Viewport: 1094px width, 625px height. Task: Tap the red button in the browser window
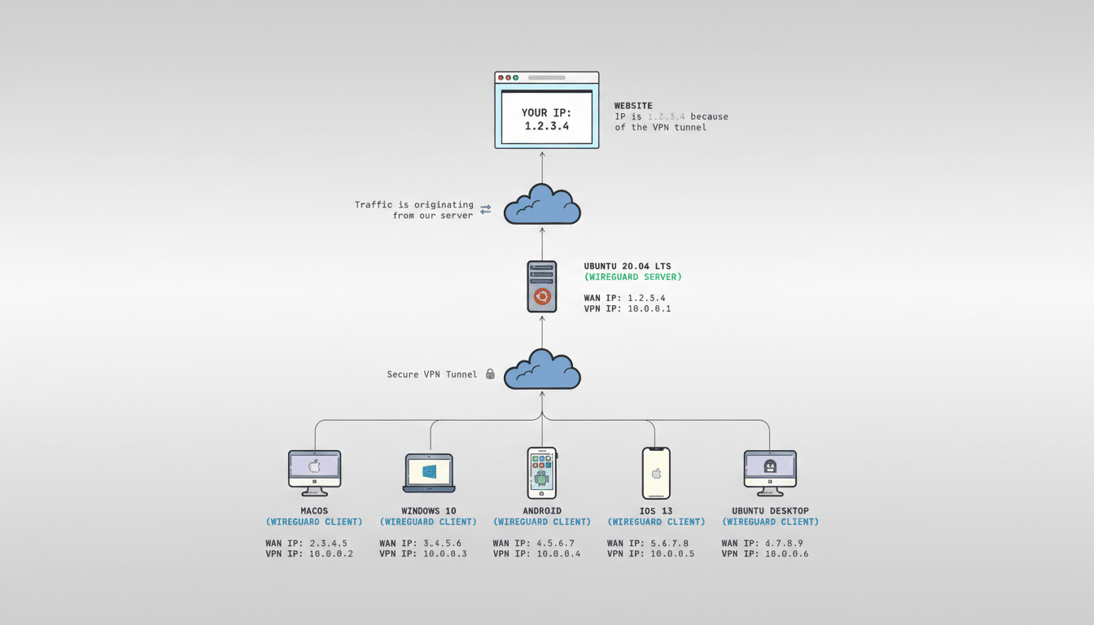(x=501, y=78)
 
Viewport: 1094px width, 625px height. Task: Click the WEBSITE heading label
(x=633, y=106)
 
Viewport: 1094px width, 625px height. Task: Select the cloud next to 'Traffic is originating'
(x=542, y=205)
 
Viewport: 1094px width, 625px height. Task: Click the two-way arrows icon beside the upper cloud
(x=486, y=210)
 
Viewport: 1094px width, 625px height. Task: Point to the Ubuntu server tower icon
(x=541, y=286)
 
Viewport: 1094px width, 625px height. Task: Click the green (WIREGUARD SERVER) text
(x=632, y=278)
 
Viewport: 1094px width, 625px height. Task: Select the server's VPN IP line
(x=627, y=309)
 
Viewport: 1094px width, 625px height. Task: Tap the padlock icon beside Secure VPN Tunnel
(x=490, y=374)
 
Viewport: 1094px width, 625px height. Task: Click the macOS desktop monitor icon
(x=314, y=472)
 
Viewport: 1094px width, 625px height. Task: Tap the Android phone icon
(x=541, y=473)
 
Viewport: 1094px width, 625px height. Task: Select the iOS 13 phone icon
(x=656, y=473)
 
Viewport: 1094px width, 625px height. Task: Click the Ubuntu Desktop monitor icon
(x=770, y=472)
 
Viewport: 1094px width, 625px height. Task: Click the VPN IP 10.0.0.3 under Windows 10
(x=422, y=554)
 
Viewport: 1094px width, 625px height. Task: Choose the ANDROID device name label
(x=542, y=511)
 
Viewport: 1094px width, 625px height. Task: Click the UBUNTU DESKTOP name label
(x=770, y=511)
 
